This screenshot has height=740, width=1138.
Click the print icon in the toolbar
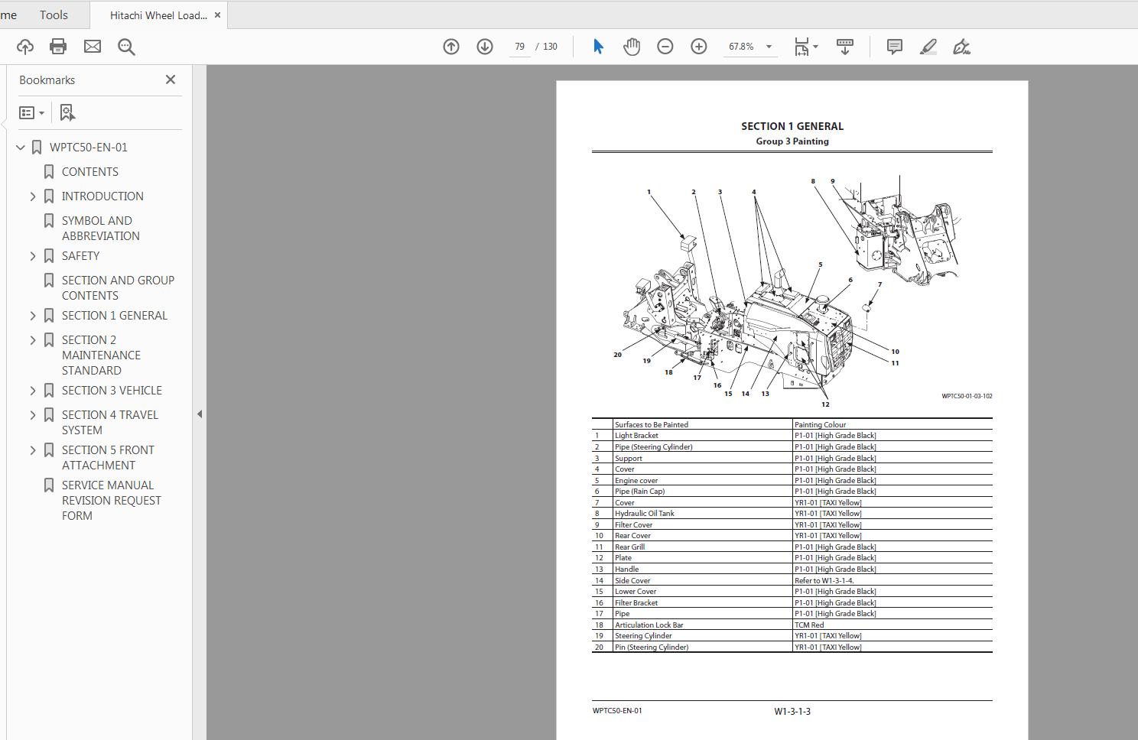point(58,47)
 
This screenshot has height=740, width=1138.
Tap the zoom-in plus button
point(698,47)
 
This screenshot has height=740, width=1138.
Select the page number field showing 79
point(519,47)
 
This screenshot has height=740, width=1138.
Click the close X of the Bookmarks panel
point(171,80)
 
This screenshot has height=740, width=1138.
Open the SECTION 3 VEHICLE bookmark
point(112,391)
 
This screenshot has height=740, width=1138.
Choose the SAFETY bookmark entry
point(80,256)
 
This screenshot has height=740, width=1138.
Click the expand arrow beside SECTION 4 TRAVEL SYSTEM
point(33,415)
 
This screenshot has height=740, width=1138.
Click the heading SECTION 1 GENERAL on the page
point(792,126)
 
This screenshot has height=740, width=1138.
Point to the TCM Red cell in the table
point(809,625)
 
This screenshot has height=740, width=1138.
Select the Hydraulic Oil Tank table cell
point(644,514)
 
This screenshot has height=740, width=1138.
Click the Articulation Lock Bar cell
point(649,625)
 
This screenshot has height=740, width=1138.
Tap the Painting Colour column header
point(820,424)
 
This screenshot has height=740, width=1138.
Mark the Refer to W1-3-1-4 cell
point(824,580)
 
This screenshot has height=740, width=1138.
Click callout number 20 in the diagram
point(617,355)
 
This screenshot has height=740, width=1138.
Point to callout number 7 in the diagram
point(880,284)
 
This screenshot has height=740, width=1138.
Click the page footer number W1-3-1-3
point(792,711)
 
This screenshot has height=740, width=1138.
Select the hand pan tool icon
point(631,47)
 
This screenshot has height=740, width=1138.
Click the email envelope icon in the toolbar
point(93,47)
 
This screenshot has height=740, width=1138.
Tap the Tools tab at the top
point(54,15)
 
